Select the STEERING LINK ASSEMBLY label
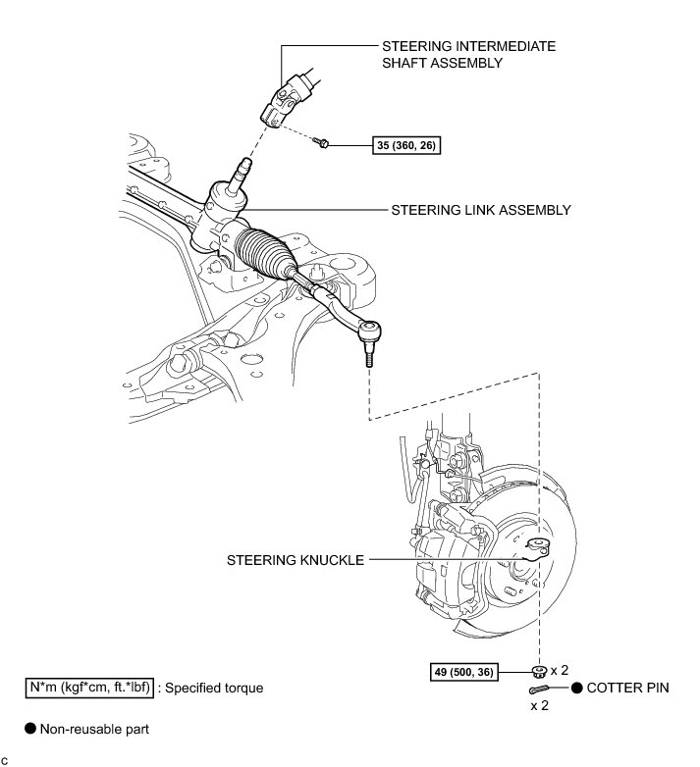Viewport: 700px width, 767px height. click(481, 210)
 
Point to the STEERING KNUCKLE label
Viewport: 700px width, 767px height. click(296, 560)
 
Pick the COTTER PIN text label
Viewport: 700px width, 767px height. click(628, 689)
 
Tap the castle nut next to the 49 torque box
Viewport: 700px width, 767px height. click(537, 671)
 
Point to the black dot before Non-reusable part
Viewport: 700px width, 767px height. click(30, 728)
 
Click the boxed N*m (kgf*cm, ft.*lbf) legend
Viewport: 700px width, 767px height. click(89, 687)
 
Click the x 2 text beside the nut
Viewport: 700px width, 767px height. click(561, 671)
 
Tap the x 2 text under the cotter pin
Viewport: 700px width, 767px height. click(541, 705)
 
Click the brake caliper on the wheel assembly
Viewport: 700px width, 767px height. click(441, 544)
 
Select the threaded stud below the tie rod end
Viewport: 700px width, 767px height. click(370, 359)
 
